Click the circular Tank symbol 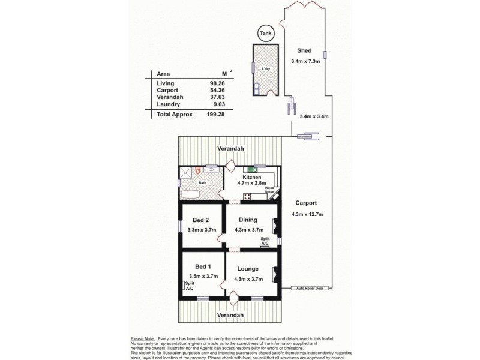pyautogui.click(x=265, y=33)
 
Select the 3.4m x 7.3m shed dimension pyautogui.click(x=306, y=61)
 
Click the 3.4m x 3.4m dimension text pyautogui.click(x=314, y=116)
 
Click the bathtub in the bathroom pyautogui.click(x=191, y=194)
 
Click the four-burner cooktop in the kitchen pyautogui.click(x=247, y=196)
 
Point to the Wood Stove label pyautogui.click(x=270, y=190)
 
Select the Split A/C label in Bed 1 pyautogui.click(x=189, y=287)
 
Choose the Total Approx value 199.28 pyautogui.click(x=215, y=114)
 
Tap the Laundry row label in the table pyautogui.click(x=168, y=104)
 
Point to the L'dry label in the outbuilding pyautogui.click(x=265, y=70)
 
